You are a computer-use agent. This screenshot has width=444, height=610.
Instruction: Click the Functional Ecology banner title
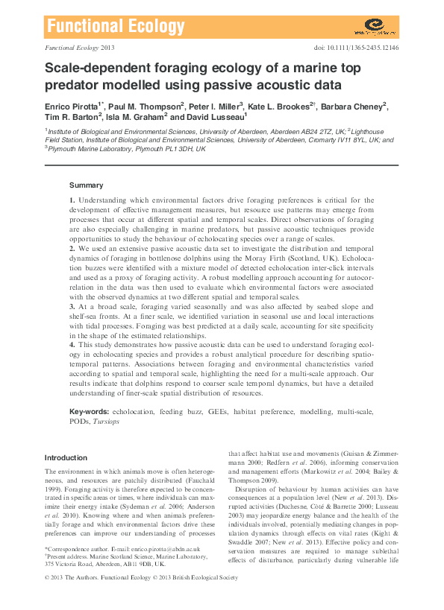115,28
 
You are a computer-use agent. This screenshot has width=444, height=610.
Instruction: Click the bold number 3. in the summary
72,306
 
